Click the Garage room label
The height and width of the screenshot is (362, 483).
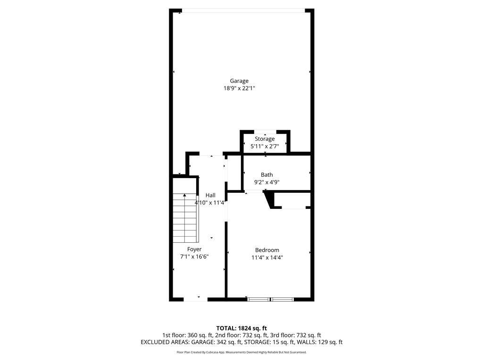pos(239,81)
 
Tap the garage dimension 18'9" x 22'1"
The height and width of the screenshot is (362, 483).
pos(239,88)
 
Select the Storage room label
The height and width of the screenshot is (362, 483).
pos(265,139)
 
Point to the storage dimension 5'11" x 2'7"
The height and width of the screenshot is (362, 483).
pos(265,147)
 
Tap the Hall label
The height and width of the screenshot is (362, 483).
pos(210,195)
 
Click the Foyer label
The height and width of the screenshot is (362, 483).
pos(194,249)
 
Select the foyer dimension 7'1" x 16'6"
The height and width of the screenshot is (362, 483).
pos(194,257)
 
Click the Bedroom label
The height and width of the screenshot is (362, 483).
pos(267,250)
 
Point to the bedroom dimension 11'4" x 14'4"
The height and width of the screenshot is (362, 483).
pos(267,257)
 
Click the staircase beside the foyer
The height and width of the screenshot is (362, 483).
pos(184,217)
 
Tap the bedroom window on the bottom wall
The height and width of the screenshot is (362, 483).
pos(270,299)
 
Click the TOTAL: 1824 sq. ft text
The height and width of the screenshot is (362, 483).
pos(241,328)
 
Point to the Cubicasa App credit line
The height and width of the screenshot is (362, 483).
pos(241,352)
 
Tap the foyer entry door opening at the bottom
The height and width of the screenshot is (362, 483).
pos(195,299)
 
